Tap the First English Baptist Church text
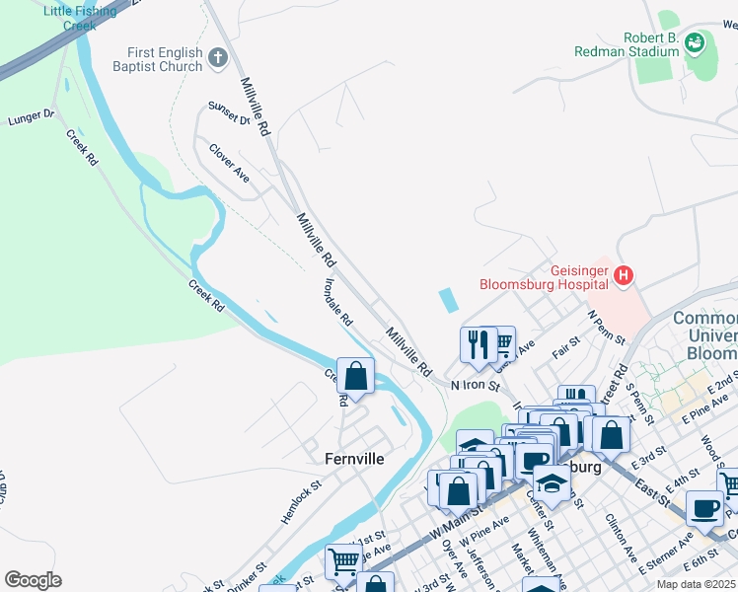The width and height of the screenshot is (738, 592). (x=165, y=59)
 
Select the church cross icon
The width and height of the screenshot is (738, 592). (x=218, y=60)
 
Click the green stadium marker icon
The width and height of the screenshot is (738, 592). (x=696, y=42)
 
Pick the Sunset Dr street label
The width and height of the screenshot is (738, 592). (x=229, y=113)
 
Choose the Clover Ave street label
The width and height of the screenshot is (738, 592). (x=228, y=163)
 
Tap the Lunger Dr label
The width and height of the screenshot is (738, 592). (x=31, y=117)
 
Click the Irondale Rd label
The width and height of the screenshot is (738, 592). (x=337, y=302)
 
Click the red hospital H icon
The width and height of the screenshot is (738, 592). (x=623, y=276)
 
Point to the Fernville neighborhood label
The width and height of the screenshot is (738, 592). (x=354, y=459)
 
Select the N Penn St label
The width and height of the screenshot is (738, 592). (x=607, y=327)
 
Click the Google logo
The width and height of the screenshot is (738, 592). (x=33, y=580)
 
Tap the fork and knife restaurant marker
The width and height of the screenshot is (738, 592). (x=478, y=344)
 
